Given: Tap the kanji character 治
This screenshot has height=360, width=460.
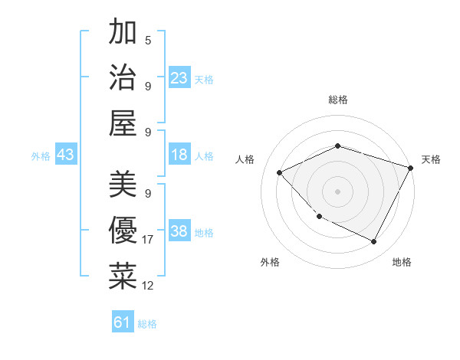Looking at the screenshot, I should [123, 77].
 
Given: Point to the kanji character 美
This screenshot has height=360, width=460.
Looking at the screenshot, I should [123, 185].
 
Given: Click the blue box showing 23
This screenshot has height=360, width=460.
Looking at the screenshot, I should [179, 78].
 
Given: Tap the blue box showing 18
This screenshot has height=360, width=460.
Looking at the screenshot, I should [179, 155].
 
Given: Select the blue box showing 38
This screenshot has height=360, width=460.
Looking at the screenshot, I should [179, 232].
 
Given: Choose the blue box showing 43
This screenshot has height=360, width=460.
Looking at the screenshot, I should [65, 155].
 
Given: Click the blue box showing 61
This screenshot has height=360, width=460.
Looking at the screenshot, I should [123, 322].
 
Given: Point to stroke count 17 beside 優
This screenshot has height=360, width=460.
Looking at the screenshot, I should [148, 240].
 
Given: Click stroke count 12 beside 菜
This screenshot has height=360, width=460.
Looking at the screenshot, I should [148, 286].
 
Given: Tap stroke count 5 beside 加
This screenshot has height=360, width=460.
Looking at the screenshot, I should [147, 40].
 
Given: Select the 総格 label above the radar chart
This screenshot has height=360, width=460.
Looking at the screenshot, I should [337, 100].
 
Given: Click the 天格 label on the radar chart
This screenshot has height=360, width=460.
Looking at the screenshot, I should [431, 159].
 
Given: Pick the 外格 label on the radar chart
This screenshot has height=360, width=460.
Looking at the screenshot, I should [270, 262].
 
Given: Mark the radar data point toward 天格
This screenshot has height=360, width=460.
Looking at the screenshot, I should [412, 169].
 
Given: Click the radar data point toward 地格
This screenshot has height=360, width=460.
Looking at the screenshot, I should [374, 242].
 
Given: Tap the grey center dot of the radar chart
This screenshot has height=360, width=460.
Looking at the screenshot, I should [337, 191].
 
